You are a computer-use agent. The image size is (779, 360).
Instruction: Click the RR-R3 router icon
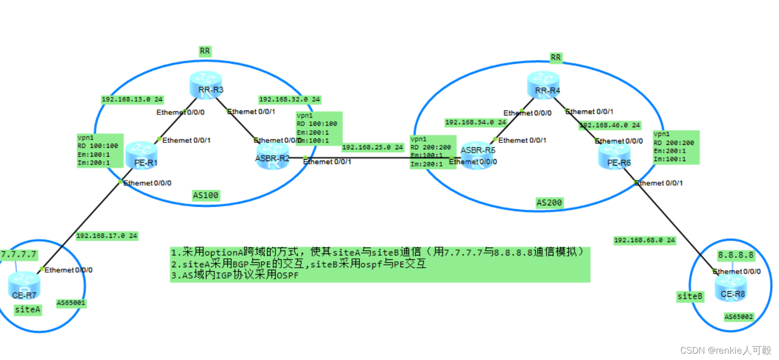[x=206, y=84]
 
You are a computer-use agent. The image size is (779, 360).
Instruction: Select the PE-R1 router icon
[x=142, y=155]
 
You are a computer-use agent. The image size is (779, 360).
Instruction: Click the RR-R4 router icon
[x=543, y=84]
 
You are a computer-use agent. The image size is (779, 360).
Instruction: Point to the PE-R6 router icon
[x=614, y=156]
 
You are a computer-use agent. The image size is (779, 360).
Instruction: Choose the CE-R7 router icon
[x=24, y=285]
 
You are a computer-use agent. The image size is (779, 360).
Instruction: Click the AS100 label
[x=205, y=195]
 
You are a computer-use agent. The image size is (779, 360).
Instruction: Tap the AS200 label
[x=549, y=203]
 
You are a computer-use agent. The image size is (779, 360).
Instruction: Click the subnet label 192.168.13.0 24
[x=132, y=99]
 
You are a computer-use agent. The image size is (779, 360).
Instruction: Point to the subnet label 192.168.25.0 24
[x=372, y=147]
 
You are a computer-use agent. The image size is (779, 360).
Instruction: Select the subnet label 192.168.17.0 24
[x=107, y=236]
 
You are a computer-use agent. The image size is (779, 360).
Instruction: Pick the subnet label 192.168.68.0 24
[x=644, y=240]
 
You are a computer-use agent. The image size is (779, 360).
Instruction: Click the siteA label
[x=28, y=309]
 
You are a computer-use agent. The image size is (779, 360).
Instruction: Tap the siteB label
[x=690, y=296]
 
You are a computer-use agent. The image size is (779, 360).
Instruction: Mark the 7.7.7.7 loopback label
[x=19, y=254]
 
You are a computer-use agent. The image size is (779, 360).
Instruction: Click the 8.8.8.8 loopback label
[x=735, y=255]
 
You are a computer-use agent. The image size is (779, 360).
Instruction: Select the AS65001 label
[x=71, y=303]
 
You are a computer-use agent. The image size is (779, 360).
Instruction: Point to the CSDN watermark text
[x=725, y=350]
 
